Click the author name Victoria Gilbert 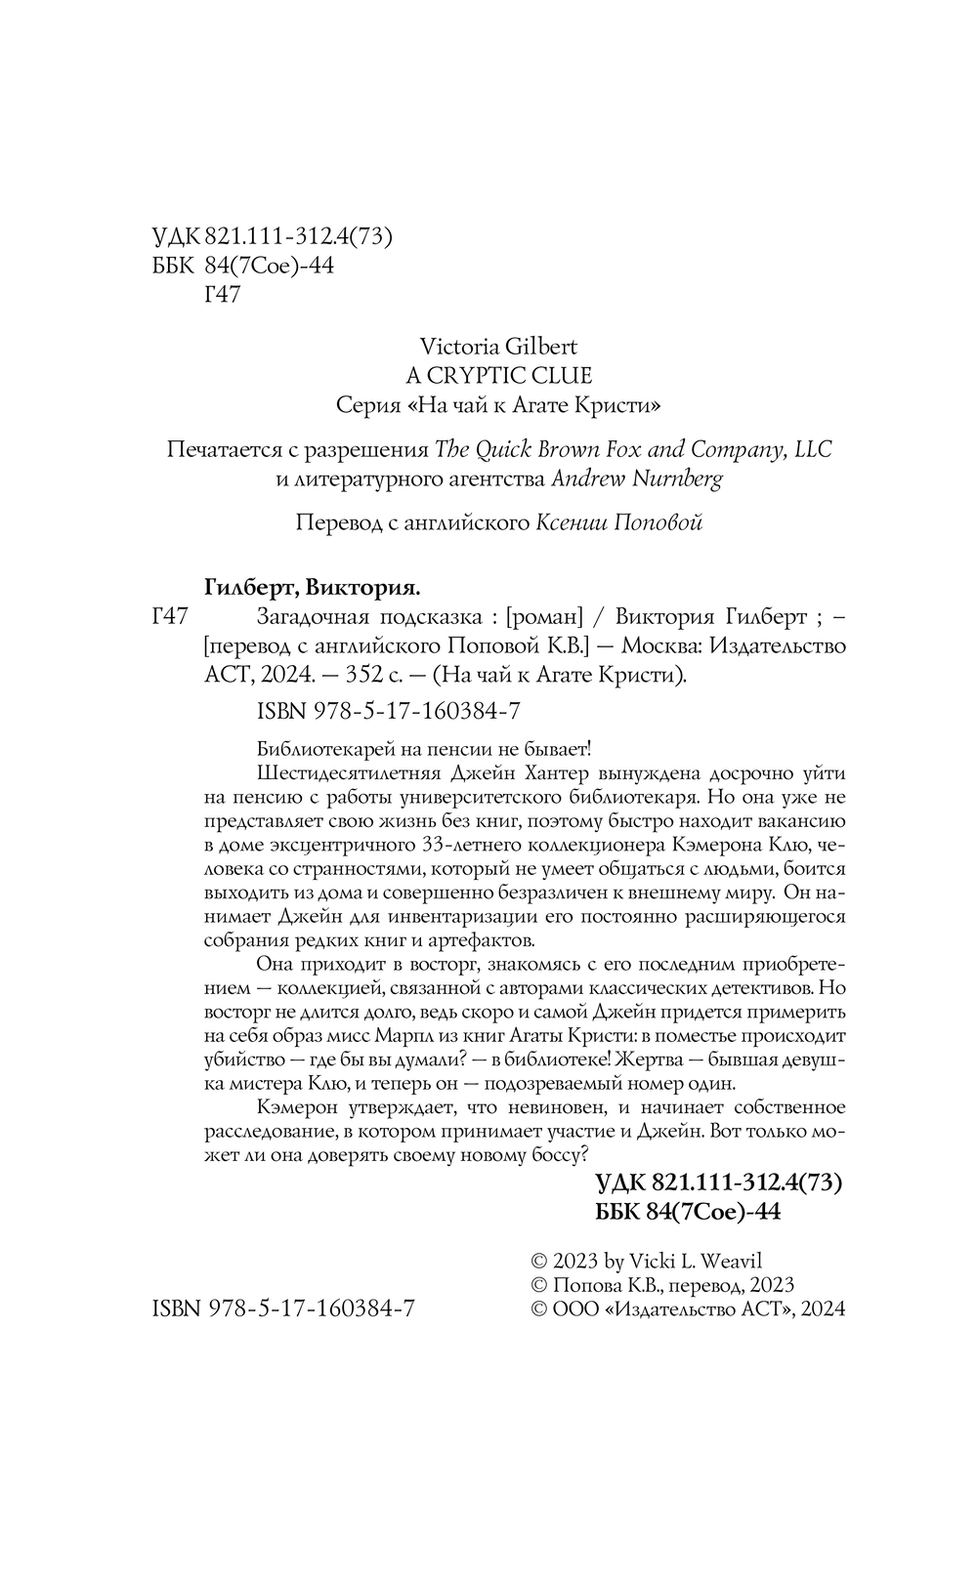(x=497, y=347)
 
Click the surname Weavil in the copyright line (x=714, y=1261)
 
